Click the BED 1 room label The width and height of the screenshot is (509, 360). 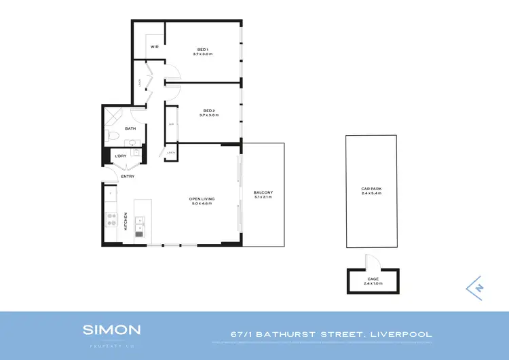[202, 49]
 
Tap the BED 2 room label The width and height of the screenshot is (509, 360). [209, 111]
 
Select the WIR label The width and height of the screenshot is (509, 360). [155, 46]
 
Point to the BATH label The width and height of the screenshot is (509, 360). [130, 128]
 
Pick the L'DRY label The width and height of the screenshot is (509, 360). [121, 156]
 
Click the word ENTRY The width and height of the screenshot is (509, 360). [128, 177]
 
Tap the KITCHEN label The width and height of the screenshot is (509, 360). [126, 221]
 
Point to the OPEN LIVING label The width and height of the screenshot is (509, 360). [202, 199]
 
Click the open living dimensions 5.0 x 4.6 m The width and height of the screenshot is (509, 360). [202, 204]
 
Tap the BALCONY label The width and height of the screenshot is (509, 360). [263, 193]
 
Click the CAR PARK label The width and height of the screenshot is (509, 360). [371, 189]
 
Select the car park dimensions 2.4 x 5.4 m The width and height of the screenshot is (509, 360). [371, 194]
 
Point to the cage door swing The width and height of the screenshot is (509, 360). [369, 262]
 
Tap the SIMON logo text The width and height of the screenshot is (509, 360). [112, 330]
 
